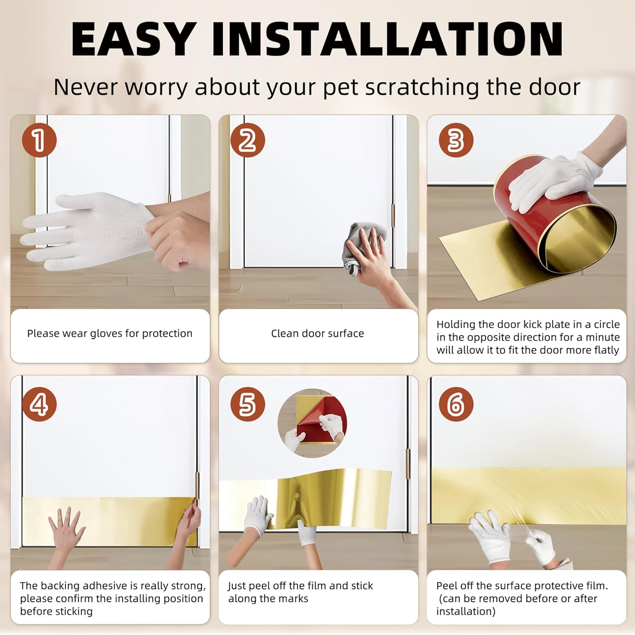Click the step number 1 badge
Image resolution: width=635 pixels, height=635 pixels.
(x=39, y=140)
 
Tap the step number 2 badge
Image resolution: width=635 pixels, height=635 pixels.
(x=248, y=140)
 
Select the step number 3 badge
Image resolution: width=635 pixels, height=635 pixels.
(x=456, y=140)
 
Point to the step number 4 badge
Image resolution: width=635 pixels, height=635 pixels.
(x=39, y=404)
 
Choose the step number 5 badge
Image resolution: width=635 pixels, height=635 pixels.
(x=248, y=404)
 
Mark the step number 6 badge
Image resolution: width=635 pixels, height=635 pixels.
(x=456, y=404)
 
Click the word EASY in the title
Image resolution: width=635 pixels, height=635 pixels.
(x=134, y=39)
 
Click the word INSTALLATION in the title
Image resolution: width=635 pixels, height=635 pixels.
(x=387, y=39)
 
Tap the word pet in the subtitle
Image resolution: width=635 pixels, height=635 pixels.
(x=341, y=88)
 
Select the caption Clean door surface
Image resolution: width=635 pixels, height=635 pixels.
(x=317, y=334)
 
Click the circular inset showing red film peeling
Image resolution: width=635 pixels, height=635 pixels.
(x=312, y=423)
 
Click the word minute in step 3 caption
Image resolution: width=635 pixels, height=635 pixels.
(x=602, y=337)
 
